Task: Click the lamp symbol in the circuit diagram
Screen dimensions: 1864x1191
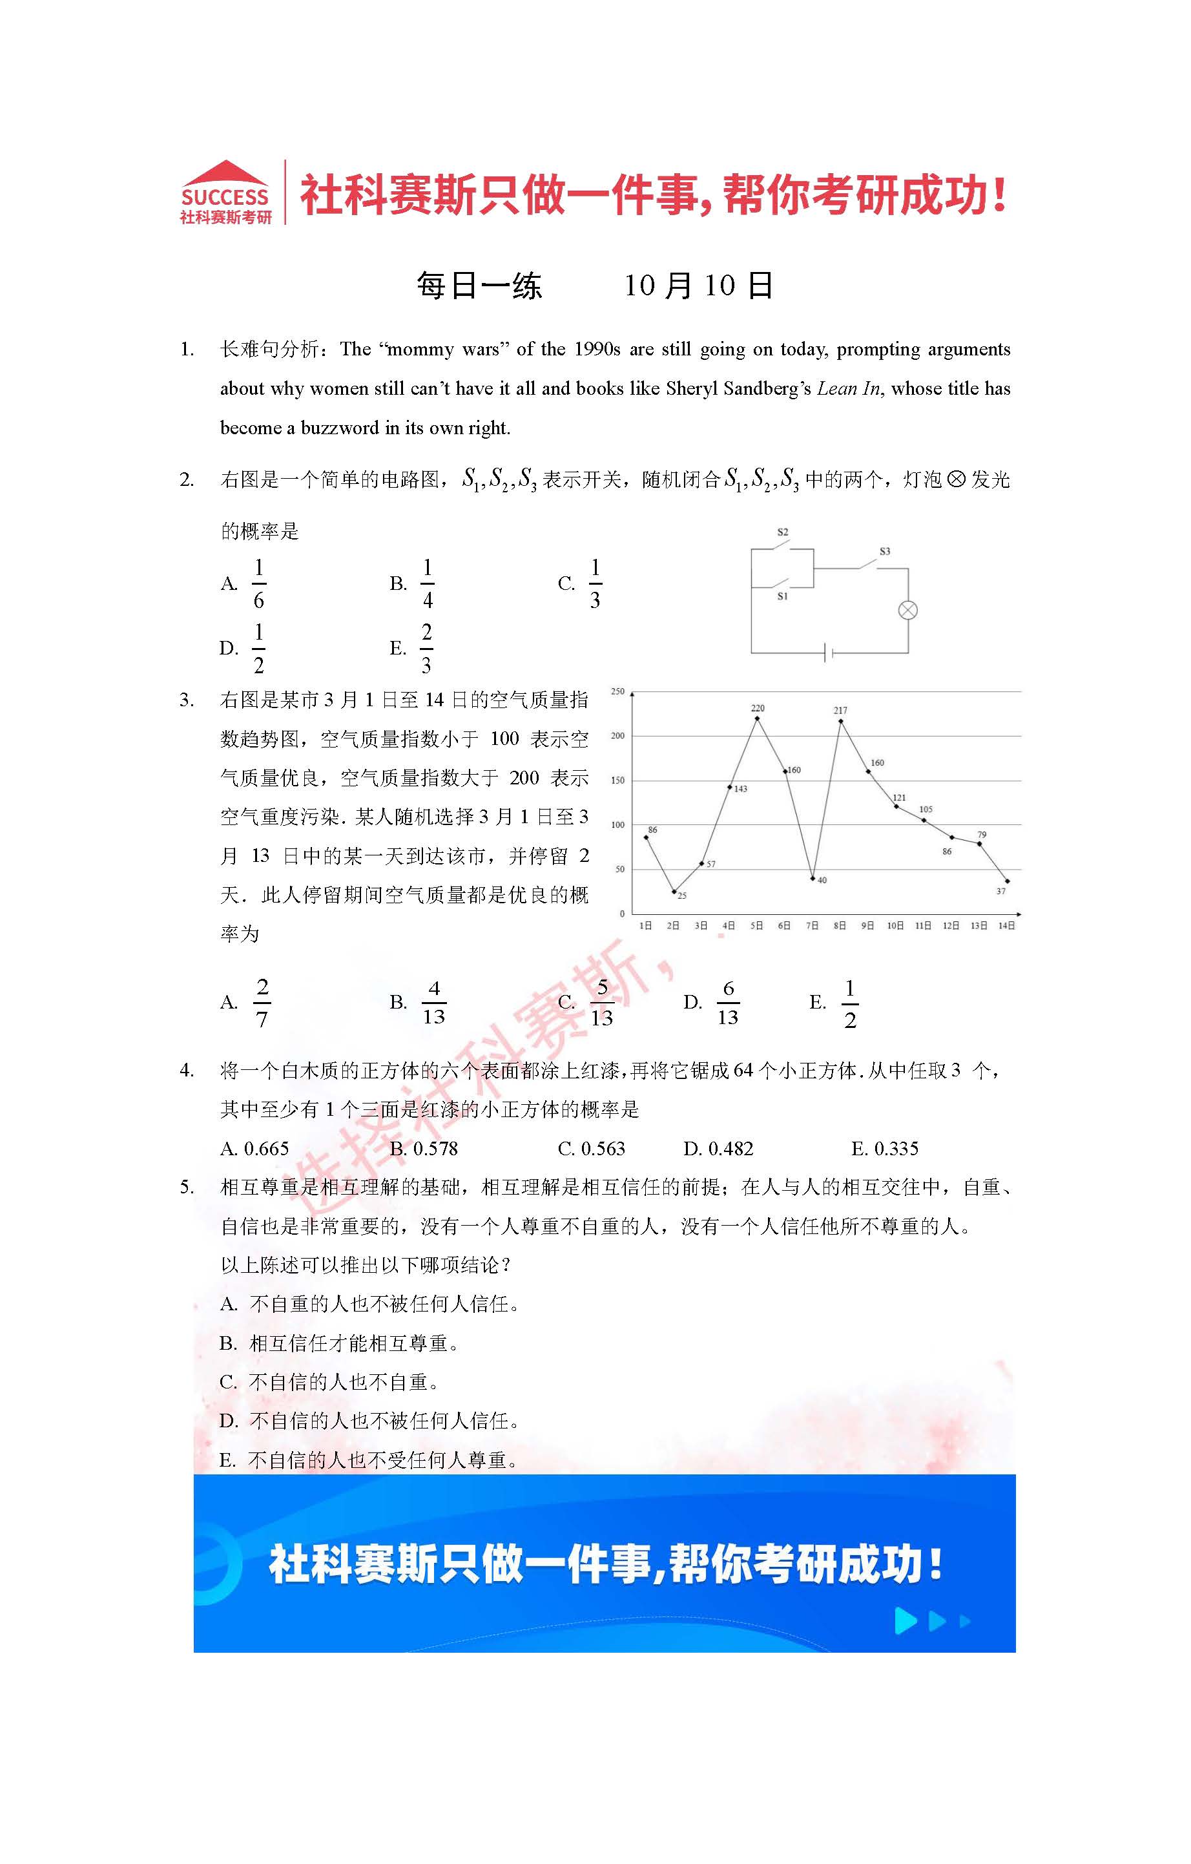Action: (907, 610)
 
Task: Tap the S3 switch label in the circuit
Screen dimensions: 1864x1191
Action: (885, 551)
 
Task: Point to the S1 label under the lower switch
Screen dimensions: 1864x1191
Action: (782, 596)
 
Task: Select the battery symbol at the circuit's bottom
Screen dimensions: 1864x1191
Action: (829, 653)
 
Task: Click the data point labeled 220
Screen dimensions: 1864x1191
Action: (757, 718)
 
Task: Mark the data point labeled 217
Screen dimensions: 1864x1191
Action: (840, 722)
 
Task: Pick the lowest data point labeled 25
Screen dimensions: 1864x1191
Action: (674, 891)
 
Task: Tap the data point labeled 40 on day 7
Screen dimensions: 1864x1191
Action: (813, 878)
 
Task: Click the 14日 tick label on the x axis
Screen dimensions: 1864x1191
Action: (1006, 925)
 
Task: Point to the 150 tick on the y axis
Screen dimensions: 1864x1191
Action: (617, 780)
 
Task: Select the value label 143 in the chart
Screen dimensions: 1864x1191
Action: (741, 789)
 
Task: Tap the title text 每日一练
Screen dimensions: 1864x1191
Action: (479, 286)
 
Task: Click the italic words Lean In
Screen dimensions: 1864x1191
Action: (848, 388)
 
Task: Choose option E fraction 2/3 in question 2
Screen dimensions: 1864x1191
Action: (426, 648)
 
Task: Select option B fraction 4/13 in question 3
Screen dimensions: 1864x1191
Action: (433, 1003)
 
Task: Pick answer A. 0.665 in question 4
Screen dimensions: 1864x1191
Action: (254, 1149)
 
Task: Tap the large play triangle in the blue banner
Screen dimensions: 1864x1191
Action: (906, 1620)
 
